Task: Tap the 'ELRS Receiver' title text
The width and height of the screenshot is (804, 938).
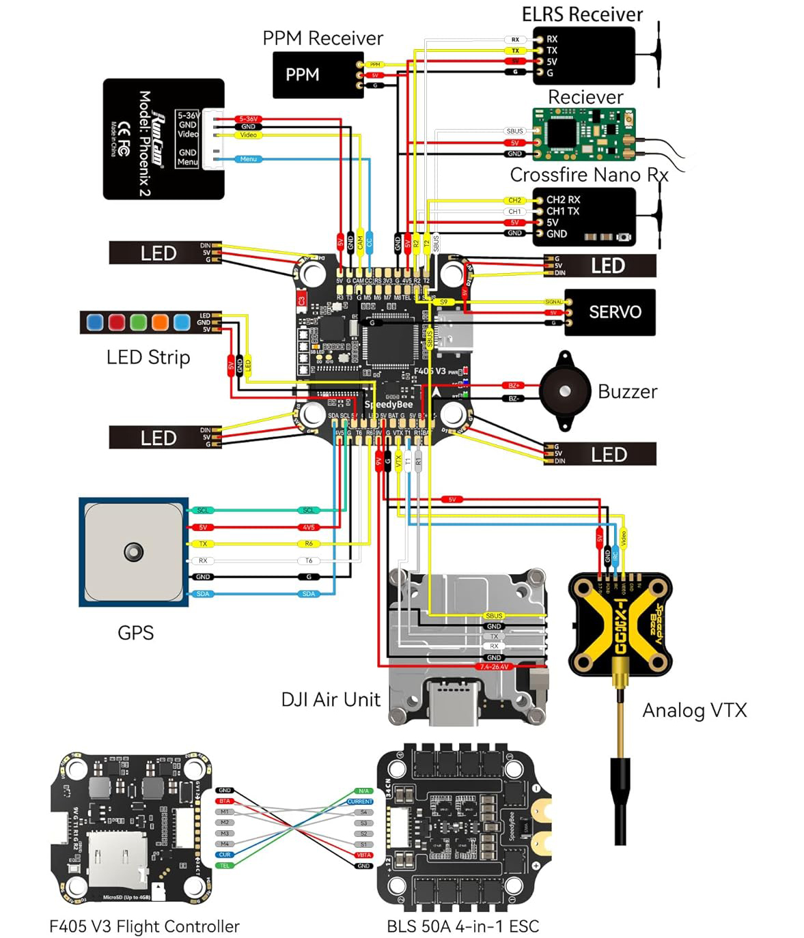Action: pos(582,14)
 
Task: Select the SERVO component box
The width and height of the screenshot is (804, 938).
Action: pos(609,312)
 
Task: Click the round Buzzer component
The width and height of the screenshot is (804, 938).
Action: pos(565,391)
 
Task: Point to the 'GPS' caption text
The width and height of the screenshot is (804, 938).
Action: pos(135,633)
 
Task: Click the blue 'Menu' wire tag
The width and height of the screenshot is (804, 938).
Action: pos(248,159)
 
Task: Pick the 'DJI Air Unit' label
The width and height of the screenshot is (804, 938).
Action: pos(331,700)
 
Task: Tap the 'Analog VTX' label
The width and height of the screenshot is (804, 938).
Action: pos(694,711)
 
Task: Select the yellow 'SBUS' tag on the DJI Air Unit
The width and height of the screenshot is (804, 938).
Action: pos(494,616)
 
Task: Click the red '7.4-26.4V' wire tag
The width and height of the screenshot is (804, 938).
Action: pos(494,666)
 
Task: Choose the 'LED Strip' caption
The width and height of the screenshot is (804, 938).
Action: pos(148,357)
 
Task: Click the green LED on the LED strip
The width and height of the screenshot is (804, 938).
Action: pos(139,322)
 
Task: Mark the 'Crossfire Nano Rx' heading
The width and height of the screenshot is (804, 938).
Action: pos(589,175)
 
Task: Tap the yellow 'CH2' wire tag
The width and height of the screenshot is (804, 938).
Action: pos(514,201)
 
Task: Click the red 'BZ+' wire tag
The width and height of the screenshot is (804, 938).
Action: pos(514,386)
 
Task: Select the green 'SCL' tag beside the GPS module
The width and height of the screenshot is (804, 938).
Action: pos(203,510)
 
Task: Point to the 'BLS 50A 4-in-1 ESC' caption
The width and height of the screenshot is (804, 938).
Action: pos(462,926)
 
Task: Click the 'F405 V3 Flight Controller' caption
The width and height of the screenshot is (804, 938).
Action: pos(144,926)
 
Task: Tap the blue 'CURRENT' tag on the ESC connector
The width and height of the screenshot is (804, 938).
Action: pos(360,801)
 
